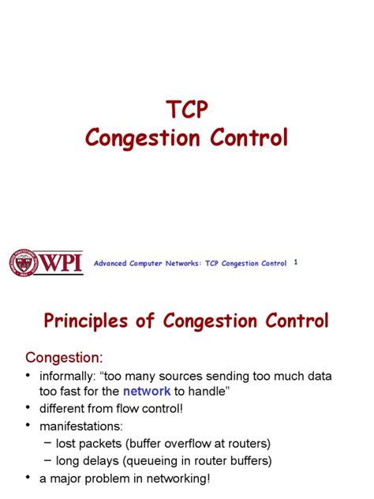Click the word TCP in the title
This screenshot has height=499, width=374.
click(186, 110)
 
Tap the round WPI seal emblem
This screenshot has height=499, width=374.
click(24, 263)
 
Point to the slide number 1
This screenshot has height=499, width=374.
click(296, 262)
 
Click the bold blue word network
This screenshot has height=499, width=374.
click(147, 390)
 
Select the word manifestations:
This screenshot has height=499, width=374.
click(81, 426)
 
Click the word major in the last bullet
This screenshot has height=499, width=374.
click(70, 478)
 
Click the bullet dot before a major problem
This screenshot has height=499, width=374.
click(29, 478)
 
